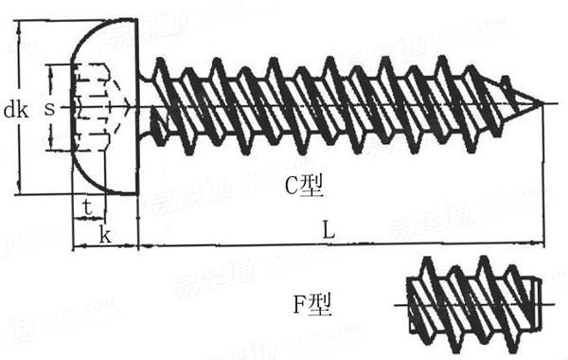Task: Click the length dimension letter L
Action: click(327, 229)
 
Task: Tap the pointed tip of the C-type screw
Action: click(544, 103)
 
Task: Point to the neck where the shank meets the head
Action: click(144, 104)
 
